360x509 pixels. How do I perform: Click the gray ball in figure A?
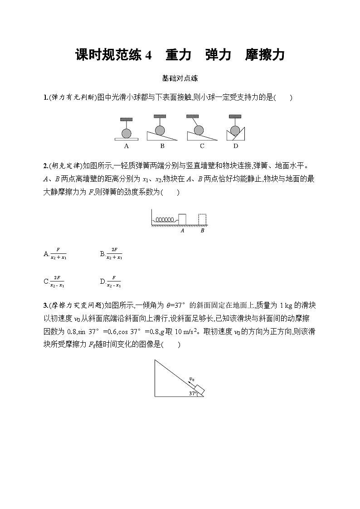(126, 133)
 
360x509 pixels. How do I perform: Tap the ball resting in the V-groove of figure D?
(235, 131)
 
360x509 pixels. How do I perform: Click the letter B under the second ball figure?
(162, 146)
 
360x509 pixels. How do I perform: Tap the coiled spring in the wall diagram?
(164, 219)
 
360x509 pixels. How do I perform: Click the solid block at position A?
(182, 218)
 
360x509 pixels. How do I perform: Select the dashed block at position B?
(203, 218)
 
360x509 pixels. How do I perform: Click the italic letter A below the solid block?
(182, 231)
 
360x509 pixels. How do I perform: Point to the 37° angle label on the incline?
(193, 393)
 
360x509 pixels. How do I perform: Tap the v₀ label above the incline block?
(192, 378)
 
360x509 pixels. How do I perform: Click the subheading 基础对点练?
(180, 78)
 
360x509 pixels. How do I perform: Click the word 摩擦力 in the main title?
(264, 55)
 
